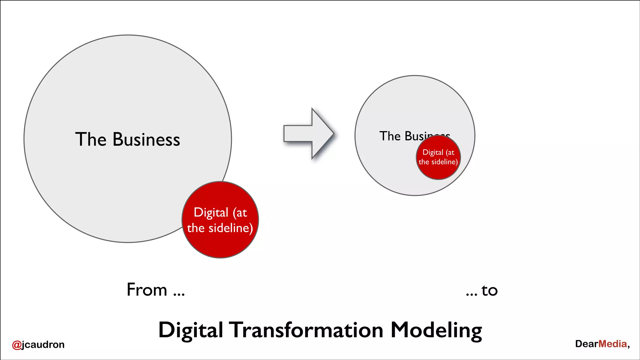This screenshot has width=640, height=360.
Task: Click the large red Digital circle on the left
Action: click(220, 244)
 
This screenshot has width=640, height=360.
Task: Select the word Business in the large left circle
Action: click(146, 139)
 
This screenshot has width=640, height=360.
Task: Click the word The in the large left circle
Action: click(91, 139)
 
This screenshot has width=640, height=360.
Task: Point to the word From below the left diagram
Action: click(147, 290)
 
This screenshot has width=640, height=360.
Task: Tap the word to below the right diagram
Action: click(489, 291)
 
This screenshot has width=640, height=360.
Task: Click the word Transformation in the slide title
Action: click(306, 330)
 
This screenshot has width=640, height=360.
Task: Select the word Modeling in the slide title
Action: click(436, 331)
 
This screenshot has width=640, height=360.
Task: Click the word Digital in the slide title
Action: click(191, 331)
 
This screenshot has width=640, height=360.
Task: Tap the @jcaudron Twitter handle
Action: click(38, 344)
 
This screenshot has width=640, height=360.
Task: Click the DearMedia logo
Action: click(602, 344)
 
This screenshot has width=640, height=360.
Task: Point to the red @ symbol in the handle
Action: click(17, 345)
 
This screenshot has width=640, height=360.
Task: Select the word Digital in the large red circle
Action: click(211, 213)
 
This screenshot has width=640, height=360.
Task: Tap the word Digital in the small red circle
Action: click(433, 152)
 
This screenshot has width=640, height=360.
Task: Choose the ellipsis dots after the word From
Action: click(179, 294)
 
